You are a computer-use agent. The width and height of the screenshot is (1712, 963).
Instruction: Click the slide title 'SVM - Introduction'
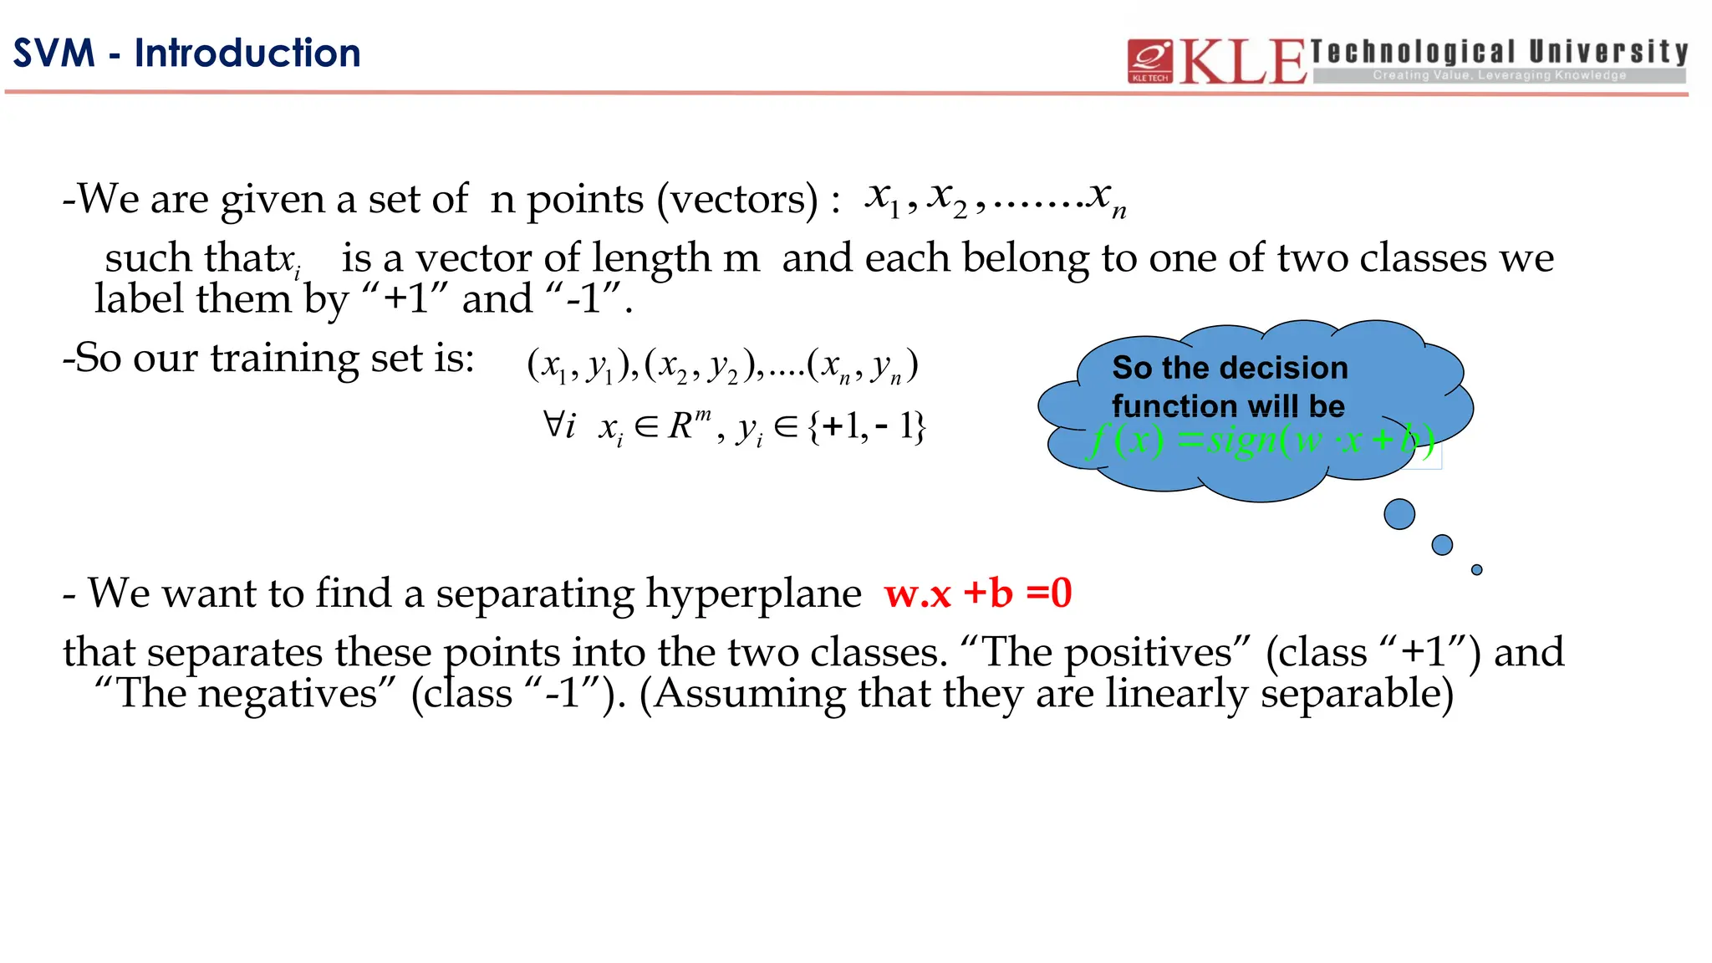[x=186, y=53]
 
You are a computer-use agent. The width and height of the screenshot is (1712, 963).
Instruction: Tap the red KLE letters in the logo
[x=1242, y=62]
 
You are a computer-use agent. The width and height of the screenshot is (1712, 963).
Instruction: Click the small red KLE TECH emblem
[x=1149, y=61]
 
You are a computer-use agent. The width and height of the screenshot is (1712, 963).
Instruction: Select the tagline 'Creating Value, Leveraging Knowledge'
[x=1499, y=75]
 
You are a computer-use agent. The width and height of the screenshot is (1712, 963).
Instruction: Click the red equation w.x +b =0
[x=978, y=594]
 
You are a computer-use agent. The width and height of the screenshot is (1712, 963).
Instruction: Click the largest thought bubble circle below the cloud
[x=1399, y=514]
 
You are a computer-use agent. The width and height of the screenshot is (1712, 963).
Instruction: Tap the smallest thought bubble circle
[x=1476, y=570]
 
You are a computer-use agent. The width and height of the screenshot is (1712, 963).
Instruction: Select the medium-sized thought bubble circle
[x=1442, y=545]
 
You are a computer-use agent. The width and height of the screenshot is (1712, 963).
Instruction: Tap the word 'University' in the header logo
[x=1608, y=52]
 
